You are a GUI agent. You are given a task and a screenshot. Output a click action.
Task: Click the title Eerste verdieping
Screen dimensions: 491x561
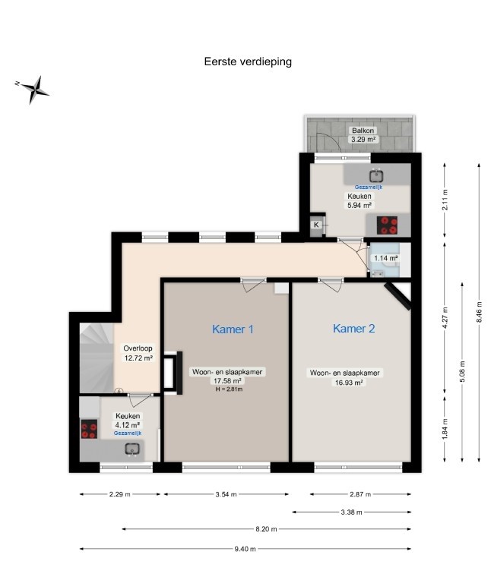(x=248, y=61)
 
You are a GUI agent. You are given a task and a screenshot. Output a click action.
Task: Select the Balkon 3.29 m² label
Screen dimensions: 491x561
(x=363, y=135)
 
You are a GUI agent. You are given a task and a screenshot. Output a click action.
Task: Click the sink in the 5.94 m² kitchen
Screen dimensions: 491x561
(x=376, y=176)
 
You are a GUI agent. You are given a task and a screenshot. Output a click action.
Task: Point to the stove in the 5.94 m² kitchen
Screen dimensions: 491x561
(x=387, y=225)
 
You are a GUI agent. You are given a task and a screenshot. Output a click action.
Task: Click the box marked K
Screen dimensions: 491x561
(x=317, y=225)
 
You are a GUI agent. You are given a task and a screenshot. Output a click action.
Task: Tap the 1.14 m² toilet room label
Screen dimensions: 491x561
(x=386, y=258)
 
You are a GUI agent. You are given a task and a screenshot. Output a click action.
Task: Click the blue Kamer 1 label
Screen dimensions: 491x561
(x=233, y=329)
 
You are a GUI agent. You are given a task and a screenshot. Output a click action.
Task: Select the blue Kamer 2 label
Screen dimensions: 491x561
(x=354, y=329)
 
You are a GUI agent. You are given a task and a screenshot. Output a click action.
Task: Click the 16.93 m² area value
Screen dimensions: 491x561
(x=349, y=383)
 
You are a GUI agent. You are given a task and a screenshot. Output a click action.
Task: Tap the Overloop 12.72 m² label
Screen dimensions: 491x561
(x=138, y=353)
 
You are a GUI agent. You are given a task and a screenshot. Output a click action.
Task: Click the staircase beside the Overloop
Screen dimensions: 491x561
(x=97, y=358)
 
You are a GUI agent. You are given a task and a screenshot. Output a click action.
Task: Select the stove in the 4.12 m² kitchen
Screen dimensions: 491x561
(x=89, y=429)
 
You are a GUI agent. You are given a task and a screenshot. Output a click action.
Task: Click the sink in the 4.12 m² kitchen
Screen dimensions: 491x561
(x=132, y=449)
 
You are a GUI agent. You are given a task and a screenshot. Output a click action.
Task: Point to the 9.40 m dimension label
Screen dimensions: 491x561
(x=245, y=549)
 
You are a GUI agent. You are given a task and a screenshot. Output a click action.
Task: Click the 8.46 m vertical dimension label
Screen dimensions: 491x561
(x=479, y=312)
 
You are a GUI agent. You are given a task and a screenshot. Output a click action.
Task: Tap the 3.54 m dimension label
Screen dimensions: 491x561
(x=226, y=494)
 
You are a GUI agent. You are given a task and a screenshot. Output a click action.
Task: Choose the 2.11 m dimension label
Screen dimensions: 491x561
(x=445, y=200)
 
